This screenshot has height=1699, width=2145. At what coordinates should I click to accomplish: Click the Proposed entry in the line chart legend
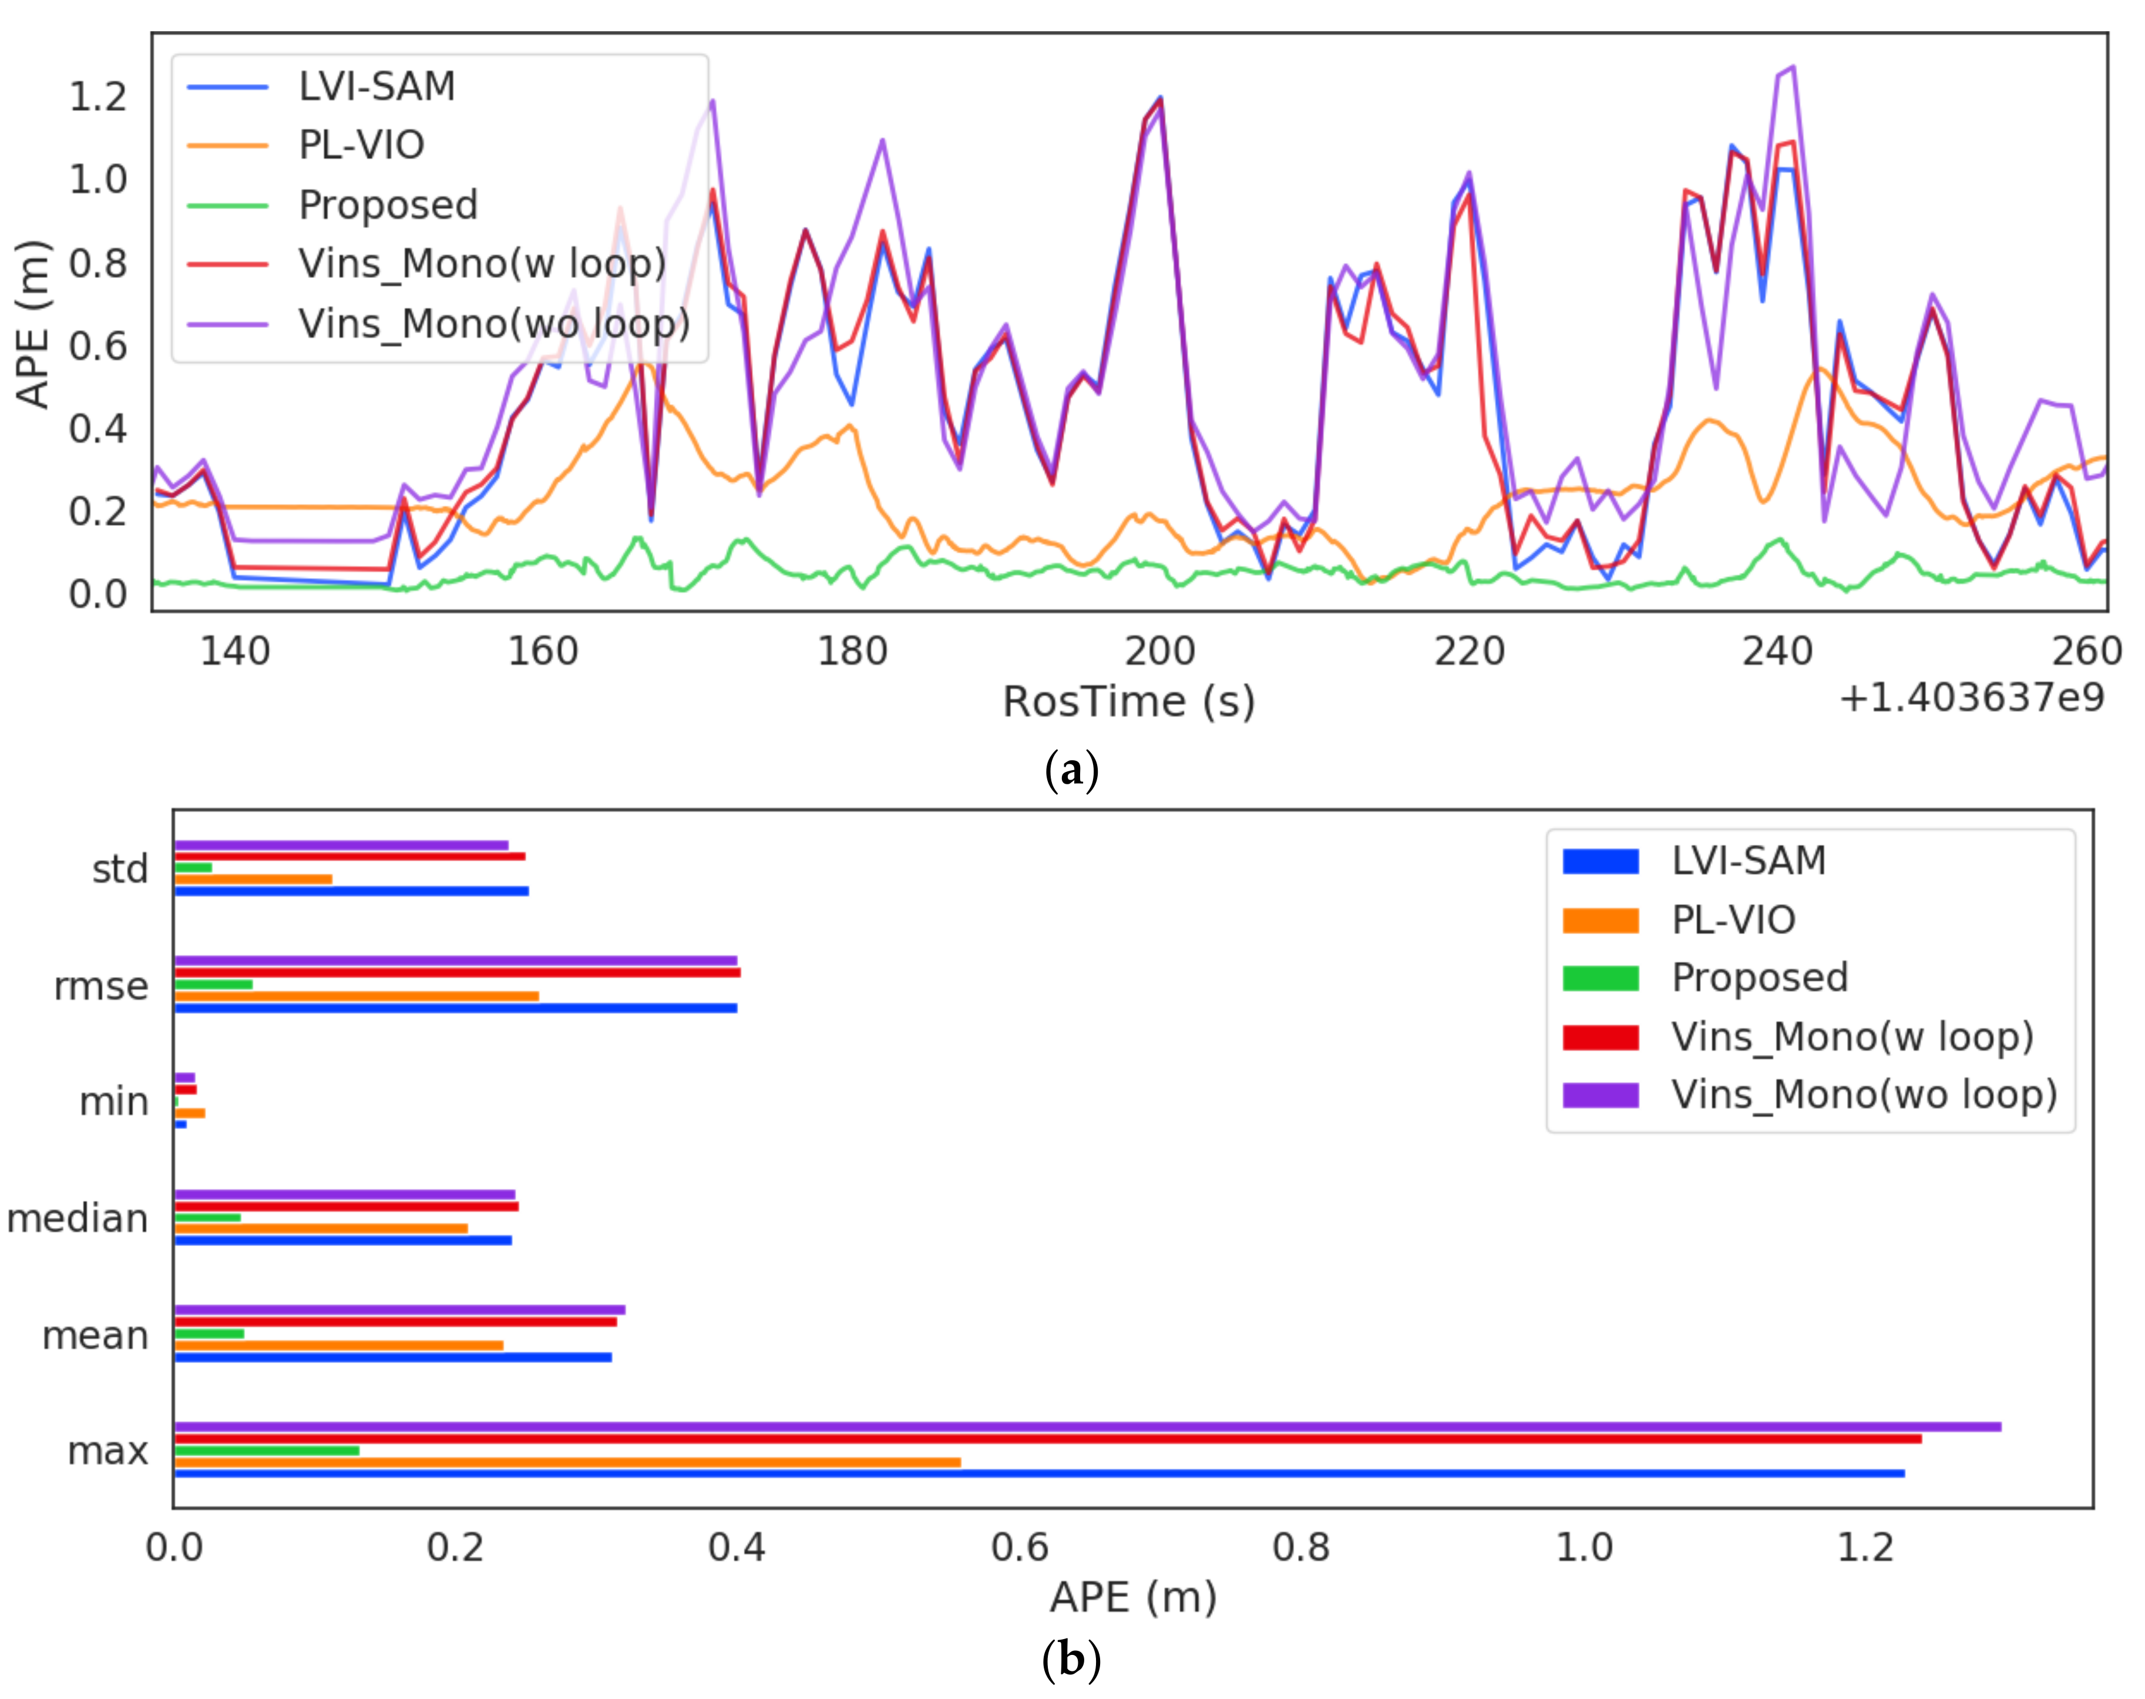[x=388, y=205]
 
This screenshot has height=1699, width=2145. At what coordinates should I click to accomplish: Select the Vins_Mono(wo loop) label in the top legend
[x=494, y=323]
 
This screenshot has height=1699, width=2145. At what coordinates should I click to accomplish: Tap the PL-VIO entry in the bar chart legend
[x=1733, y=919]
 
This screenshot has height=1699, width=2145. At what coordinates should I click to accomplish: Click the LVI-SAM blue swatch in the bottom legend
[x=1600, y=861]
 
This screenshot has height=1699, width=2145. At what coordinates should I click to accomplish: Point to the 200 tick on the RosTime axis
[x=1159, y=652]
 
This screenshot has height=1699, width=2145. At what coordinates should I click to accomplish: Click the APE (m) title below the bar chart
[x=1132, y=1597]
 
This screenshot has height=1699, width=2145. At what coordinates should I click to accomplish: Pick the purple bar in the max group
[x=1087, y=1426]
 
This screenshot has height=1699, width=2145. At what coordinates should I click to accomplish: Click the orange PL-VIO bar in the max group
[x=567, y=1461]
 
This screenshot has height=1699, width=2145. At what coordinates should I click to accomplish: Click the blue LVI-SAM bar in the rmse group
[x=455, y=1008]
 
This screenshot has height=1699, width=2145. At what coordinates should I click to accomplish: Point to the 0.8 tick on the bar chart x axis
[x=1301, y=1547]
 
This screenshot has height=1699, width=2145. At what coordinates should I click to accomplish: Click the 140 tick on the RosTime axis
[x=235, y=652]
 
